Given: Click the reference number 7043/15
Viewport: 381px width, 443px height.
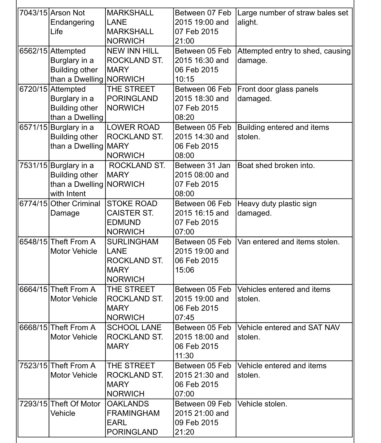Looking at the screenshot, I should [33, 13].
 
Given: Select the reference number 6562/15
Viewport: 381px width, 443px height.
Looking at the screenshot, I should [33, 51].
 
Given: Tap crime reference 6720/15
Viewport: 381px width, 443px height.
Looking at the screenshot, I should [33, 89].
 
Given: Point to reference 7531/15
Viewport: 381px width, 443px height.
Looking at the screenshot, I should [33, 166].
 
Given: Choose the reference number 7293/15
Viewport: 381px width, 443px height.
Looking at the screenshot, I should [33, 404].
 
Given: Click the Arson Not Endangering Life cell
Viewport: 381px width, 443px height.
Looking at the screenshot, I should [72, 22].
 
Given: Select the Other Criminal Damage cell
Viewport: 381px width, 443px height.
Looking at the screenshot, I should [75, 208].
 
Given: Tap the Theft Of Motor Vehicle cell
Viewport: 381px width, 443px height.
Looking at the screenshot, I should [75, 408].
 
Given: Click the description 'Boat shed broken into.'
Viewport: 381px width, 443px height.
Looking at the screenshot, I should [276, 166].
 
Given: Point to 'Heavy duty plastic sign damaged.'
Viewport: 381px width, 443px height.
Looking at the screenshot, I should [277, 208].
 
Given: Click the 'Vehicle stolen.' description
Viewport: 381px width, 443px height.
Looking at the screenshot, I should [262, 404].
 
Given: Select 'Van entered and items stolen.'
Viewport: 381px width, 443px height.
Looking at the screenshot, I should [288, 242].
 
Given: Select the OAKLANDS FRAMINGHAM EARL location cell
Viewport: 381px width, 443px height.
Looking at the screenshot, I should [133, 418].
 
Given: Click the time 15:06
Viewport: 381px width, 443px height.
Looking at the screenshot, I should [185, 270].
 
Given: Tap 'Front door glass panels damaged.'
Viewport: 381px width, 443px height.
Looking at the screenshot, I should [278, 94].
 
